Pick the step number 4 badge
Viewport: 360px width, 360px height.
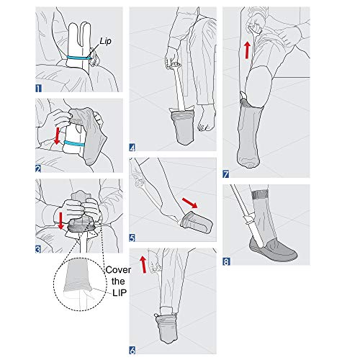(x=133, y=148)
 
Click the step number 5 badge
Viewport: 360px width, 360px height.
(x=133, y=235)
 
